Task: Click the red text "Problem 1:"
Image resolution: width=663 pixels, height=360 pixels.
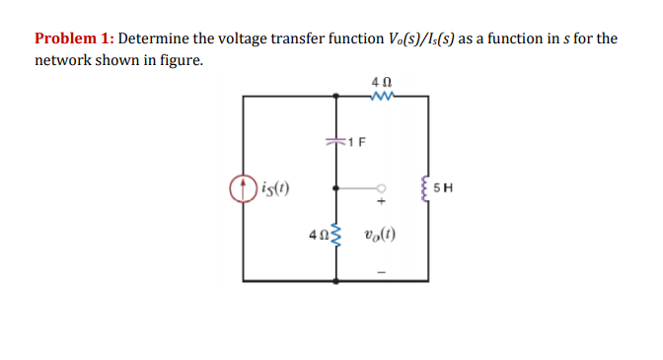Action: pos(74,39)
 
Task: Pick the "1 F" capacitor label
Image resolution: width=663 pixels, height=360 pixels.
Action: pos(357,142)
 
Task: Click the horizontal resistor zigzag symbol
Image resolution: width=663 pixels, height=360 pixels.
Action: pos(381,96)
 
